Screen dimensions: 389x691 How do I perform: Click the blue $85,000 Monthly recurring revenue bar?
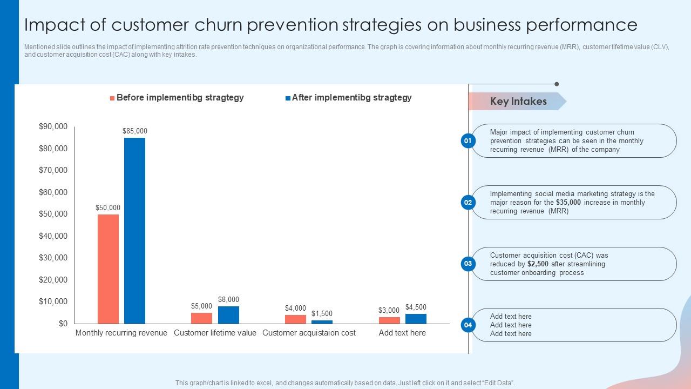(x=134, y=231)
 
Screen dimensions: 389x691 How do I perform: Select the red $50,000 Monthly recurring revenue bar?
(x=108, y=269)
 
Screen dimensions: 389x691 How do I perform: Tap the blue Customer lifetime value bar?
(x=228, y=315)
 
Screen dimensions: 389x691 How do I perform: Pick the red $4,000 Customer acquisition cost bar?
(x=295, y=319)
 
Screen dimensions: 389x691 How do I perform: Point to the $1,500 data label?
(x=322, y=313)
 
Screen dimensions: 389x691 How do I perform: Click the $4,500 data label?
(x=416, y=307)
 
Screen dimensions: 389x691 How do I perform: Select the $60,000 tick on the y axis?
(x=53, y=192)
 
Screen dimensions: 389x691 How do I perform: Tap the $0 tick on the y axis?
(x=63, y=324)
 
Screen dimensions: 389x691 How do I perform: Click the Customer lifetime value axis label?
(x=215, y=333)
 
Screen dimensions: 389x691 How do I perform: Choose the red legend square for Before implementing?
(x=112, y=98)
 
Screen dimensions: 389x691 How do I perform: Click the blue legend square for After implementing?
(x=288, y=98)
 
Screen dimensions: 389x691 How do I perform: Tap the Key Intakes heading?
(x=518, y=101)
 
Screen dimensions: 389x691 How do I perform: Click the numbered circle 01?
(x=468, y=141)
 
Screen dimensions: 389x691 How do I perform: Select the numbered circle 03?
(x=468, y=264)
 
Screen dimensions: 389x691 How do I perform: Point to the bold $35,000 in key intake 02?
(x=568, y=203)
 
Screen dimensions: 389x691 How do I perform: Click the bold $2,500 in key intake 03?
(x=538, y=264)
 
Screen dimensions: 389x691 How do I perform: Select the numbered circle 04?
(x=468, y=325)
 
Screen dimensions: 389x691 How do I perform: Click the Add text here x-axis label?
(x=402, y=333)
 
